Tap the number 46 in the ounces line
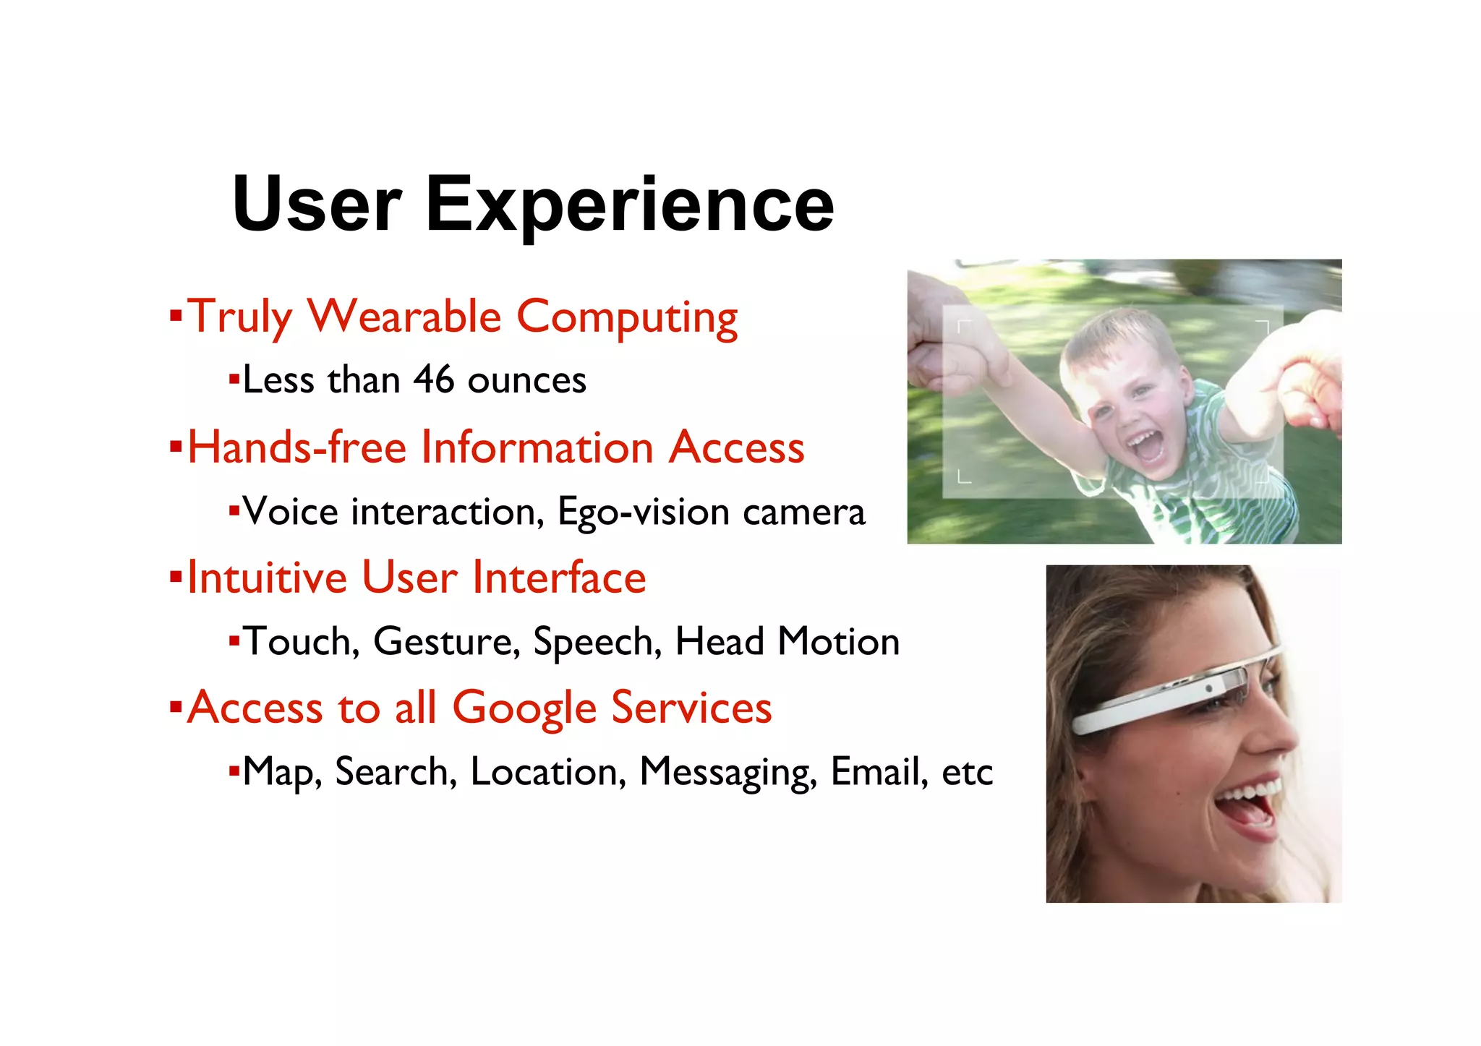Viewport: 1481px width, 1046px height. tap(434, 380)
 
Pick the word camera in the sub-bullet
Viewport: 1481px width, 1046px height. tap(803, 512)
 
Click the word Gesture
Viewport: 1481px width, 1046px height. tap(446, 641)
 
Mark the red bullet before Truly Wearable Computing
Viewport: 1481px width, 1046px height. tap(175, 316)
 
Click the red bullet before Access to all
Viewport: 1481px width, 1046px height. tap(175, 706)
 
